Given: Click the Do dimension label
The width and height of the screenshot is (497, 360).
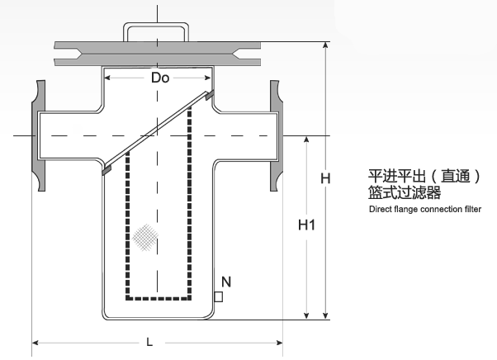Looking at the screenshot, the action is click(x=160, y=78).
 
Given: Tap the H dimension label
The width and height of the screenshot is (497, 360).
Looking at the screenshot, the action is click(x=325, y=178).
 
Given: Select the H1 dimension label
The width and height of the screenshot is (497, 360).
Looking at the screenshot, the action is click(x=306, y=225).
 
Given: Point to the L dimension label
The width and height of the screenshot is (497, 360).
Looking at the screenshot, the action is click(x=149, y=342).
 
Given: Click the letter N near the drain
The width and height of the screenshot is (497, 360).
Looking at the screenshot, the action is click(x=226, y=282).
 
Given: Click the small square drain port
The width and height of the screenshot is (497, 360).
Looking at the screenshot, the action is click(x=219, y=297).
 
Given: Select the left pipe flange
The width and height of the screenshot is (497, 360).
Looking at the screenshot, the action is click(x=38, y=135).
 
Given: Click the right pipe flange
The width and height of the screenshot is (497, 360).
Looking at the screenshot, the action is click(x=276, y=135).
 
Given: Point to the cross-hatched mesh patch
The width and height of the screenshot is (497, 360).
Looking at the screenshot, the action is click(x=144, y=237).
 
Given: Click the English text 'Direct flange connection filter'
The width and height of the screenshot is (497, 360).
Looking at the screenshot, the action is click(x=425, y=209).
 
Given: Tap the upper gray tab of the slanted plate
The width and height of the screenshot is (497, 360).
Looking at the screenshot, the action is click(x=210, y=95).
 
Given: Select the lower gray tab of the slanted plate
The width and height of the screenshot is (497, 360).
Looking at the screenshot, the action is click(x=106, y=170).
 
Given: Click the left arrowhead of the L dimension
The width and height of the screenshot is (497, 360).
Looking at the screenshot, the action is click(x=35, y=343).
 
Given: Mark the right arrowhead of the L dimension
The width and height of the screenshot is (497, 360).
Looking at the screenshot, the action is click(x=279, y=343).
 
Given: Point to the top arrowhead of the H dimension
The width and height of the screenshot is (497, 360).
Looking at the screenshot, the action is click(x=325, y=45).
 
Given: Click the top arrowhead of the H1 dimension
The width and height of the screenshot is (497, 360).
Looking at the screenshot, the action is click(x=306, y=140).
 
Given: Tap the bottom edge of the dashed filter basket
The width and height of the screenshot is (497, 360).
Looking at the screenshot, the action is click(x=159, y=298).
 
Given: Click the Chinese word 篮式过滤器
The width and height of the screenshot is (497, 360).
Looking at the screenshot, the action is click(x=405, y=192).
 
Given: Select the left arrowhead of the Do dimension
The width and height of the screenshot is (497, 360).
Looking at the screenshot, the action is click(x=107, y=78).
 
